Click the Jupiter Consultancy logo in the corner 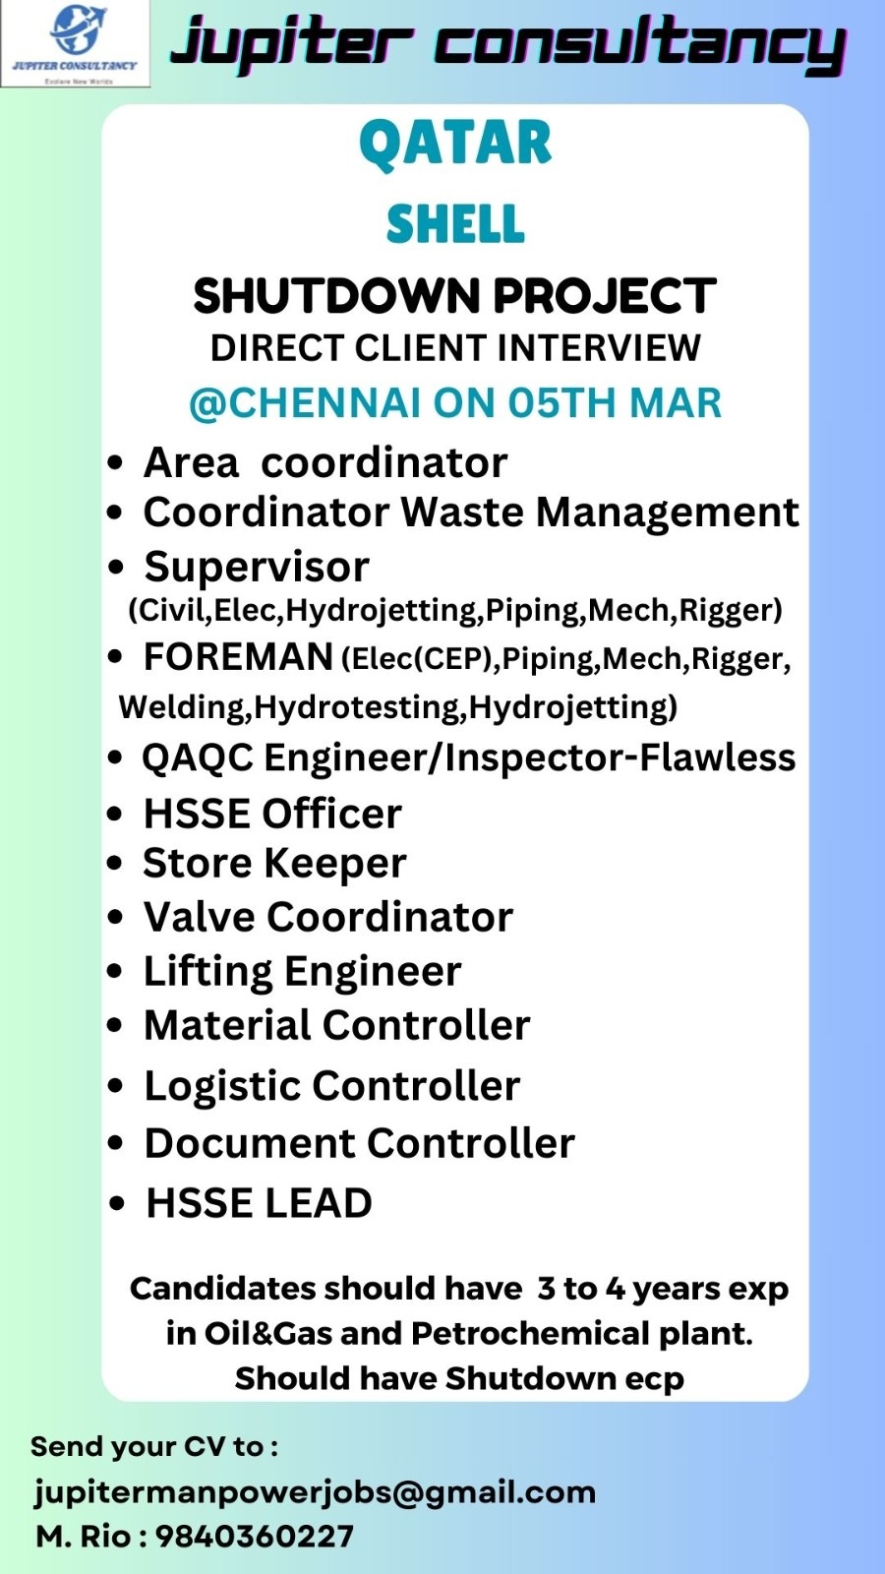75,43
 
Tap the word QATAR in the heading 456,144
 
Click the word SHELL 456,223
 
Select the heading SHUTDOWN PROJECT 455,295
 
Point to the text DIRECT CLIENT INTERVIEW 456,348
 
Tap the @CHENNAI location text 306,403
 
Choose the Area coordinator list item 325,462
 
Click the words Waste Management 601,513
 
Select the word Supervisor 257,568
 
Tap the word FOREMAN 238,657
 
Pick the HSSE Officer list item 272,814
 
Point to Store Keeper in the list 274,863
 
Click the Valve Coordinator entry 328,917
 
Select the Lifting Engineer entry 303,972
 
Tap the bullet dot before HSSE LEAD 117,1204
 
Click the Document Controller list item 360,1143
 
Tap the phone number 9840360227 255,1537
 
